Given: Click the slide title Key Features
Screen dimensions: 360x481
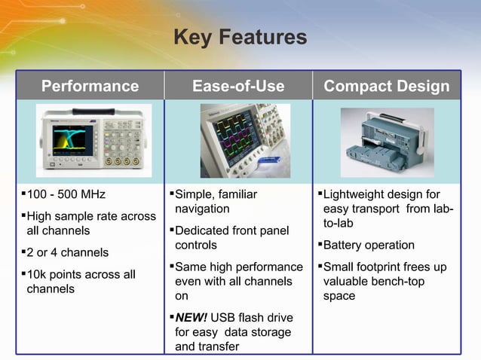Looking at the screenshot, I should (240, 37).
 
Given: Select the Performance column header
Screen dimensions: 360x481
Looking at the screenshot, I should (90, 87).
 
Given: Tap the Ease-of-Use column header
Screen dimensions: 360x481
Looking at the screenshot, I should (238, 87).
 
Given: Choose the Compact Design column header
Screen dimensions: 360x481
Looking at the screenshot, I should (386, 87).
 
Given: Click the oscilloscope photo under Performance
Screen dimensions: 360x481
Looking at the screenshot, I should (93, 140).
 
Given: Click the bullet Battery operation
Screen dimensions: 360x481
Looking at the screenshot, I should (369, 245).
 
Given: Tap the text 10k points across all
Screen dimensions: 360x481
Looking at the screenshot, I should (81, 274).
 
